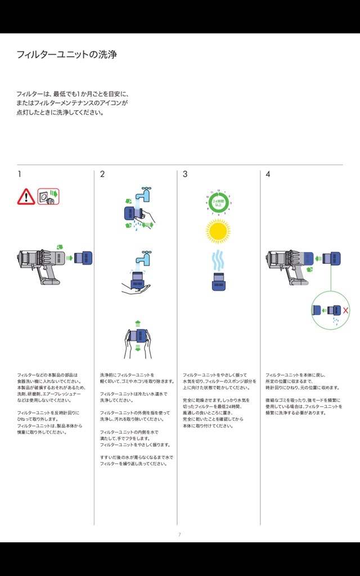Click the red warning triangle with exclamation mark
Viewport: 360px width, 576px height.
(26, 196)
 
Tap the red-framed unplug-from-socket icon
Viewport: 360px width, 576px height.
(48, 196)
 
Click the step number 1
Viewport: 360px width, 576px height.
(19, 174)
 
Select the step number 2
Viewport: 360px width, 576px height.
(102, 174)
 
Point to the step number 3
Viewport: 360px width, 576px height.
(185, 174)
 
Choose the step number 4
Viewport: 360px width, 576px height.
(268, 174)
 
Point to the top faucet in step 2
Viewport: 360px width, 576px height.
(146, 193)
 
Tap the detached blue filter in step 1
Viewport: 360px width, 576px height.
(83, 258)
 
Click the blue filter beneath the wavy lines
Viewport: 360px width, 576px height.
(219, 281)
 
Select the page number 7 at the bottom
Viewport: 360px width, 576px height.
(179, 534)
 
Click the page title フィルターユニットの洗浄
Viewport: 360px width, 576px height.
(66, 55)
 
